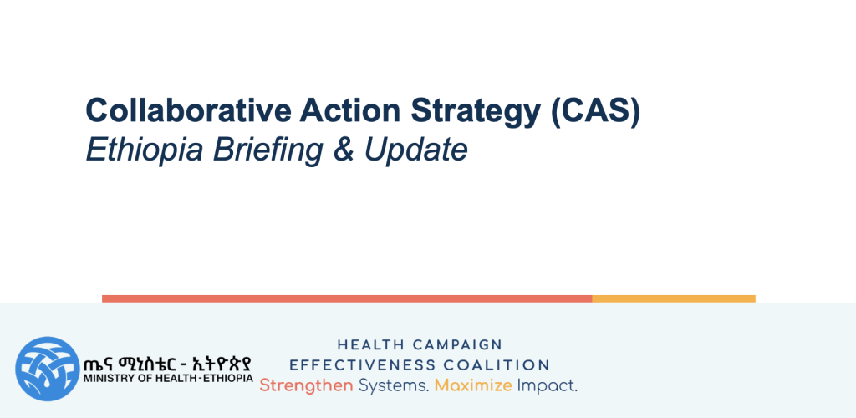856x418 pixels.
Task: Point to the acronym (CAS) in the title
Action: click(595, 112)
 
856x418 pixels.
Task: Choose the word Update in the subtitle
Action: click(416, 150)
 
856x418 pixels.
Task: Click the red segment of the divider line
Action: click(347, 298)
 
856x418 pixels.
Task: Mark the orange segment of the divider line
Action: click(674, 298)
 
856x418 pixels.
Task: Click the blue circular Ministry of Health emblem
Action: click(48, 369)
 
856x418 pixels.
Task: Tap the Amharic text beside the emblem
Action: click(168, 364)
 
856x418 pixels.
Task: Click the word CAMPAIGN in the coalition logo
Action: click(457, 345)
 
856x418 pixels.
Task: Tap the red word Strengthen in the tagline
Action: click(306, 386)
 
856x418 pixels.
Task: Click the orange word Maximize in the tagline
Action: click(473, 386)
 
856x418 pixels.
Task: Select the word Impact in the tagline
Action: click(547, 386)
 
